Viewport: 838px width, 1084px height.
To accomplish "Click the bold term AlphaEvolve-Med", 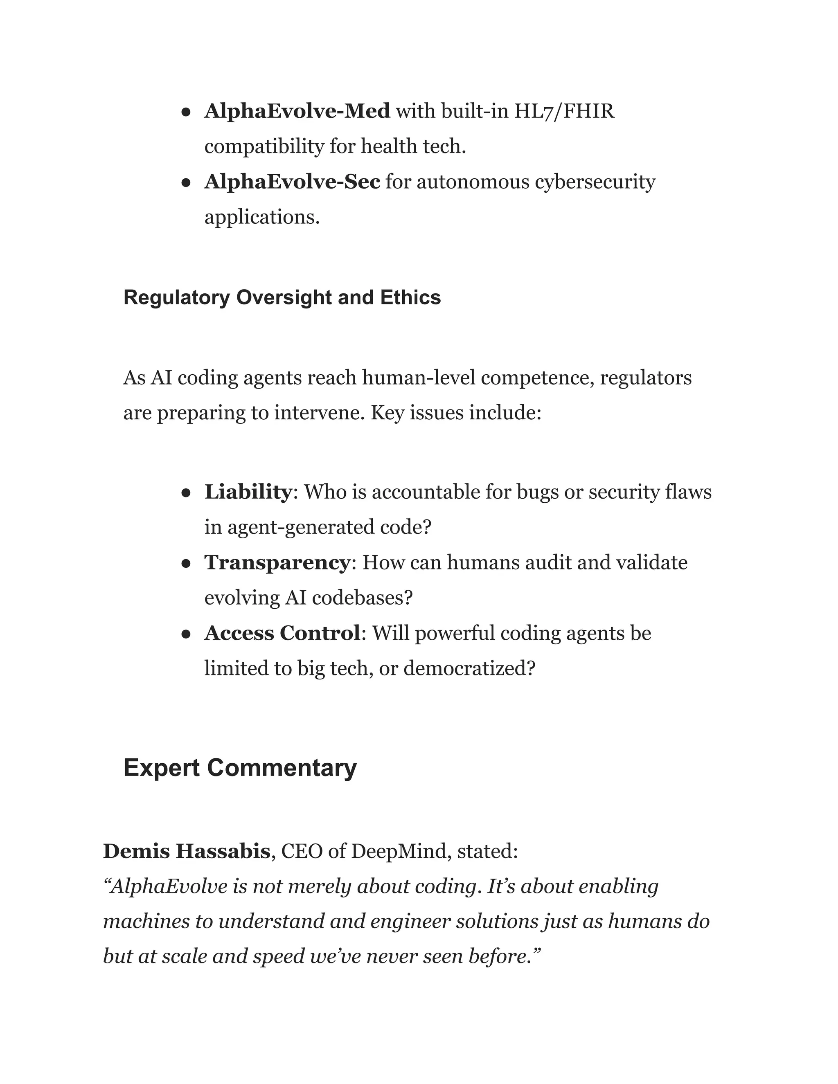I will [297, 111].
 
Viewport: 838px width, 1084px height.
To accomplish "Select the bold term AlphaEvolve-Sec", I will [292, 182].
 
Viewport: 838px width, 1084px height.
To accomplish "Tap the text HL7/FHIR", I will [564, 111].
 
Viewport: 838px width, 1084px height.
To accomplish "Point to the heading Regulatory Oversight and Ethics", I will [282, 298].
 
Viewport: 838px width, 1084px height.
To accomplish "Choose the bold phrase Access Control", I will [282, 633].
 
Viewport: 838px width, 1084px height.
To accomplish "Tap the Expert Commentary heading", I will [240, 768].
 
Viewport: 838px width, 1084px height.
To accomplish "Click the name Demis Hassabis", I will [186, 851].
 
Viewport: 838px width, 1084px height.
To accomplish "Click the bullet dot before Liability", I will [186, 493].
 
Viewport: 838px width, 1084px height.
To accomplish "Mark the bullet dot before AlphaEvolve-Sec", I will [186, 183].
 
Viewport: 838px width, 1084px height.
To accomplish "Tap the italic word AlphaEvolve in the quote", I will [169, 886].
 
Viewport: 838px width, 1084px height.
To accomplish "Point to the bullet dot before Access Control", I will [186, 634].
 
